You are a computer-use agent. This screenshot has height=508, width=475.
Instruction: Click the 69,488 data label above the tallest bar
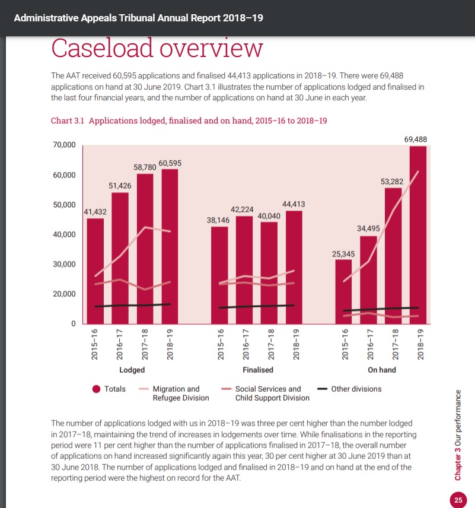pos(415,139)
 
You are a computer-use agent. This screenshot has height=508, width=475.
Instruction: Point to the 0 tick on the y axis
pos(74,324)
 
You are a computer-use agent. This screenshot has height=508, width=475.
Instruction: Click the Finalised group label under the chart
pos(258,370)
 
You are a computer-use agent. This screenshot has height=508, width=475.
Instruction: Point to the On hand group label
pos(382,370)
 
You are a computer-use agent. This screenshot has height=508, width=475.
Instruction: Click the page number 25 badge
pos(458,500)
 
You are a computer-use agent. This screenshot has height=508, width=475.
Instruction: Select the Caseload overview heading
pos(157,47)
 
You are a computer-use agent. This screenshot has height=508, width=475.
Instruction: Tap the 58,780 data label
pos(144,168)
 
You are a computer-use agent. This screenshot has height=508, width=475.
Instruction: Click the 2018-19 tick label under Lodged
pos(170,344)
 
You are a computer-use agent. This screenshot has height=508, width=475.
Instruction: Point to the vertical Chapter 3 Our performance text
pos(458,434)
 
